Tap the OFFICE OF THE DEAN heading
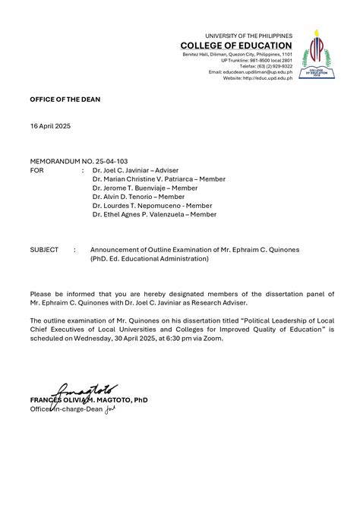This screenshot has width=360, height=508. pos(65,99)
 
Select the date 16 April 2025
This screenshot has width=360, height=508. pos(50,125)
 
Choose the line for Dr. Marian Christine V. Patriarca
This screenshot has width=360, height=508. pos(159,179)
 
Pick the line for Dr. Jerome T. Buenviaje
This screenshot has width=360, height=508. pos(145,188)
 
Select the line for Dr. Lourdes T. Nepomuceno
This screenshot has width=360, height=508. pos(152,205)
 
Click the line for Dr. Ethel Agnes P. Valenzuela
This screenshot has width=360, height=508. pos(154,214)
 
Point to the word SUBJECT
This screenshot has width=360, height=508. pos(44,249)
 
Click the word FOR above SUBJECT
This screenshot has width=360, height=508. pos(36,172)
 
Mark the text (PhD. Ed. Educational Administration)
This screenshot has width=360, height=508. pos(149,258)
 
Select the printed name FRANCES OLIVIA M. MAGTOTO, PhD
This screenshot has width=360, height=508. pos(89,399)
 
